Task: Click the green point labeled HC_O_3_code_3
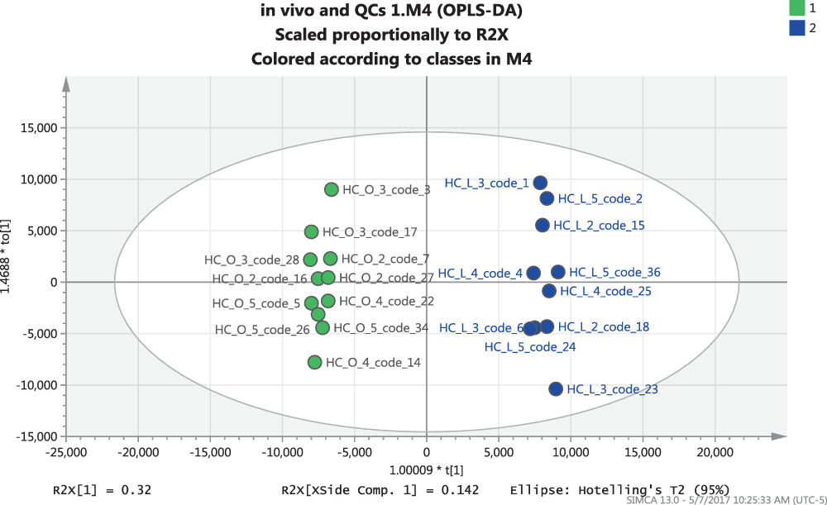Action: point(332,189)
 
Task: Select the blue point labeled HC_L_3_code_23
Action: point(556,388)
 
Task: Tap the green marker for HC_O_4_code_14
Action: point(315,362)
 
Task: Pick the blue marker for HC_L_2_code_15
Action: point(543,225)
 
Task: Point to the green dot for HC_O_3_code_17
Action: point(312,232)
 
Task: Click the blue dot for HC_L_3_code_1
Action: point(540,183)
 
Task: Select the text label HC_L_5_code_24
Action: point(530,347)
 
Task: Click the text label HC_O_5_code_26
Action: point(262,330)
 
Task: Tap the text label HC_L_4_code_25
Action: point(605,291)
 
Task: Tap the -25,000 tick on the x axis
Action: point(66,452)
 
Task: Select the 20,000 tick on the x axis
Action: point(714,452)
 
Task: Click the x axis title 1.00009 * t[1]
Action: point(426,469)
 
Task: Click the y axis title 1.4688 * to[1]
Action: point(8,283)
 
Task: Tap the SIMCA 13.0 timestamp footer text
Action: point(724,499)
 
